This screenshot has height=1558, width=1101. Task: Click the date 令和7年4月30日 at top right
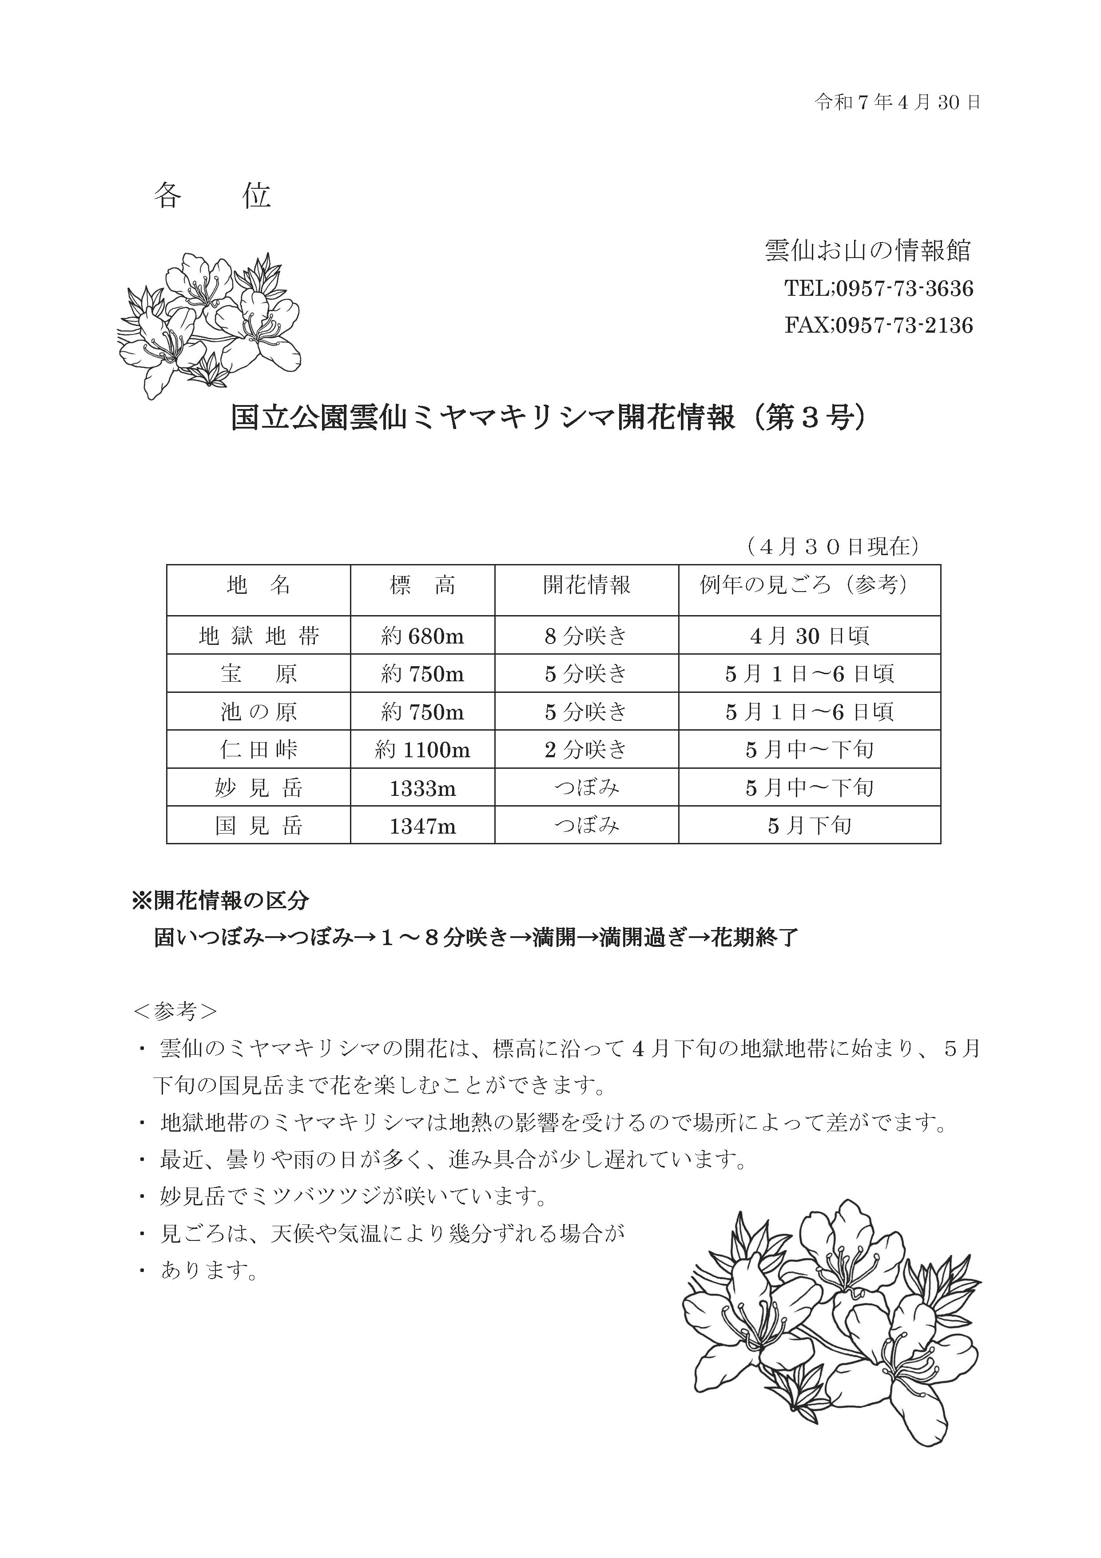[897, 103]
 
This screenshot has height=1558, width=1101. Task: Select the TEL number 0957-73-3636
[904, 289]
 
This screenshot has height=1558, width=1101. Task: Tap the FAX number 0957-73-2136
[904, 326]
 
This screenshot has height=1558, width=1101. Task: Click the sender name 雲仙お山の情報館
[868, 251]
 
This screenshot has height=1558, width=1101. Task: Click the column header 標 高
[422, 585]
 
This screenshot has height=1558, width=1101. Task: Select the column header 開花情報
[586, 585]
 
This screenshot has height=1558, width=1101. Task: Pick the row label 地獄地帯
[258, 636]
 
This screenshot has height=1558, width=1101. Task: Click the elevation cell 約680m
[422, 636]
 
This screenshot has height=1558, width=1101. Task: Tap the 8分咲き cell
[586, 636]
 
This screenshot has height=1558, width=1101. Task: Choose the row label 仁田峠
[258, 750]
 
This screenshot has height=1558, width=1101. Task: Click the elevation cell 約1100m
[422, 750]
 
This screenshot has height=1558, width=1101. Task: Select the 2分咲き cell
[586, 750]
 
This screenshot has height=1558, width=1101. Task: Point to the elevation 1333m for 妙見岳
[422, 788]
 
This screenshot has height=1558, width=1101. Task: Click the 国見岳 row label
[258, 826]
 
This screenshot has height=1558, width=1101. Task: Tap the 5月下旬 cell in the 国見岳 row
[809, 826]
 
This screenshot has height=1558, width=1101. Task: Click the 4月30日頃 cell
[809, 636]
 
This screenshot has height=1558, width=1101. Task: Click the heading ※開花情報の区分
[221, 900]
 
